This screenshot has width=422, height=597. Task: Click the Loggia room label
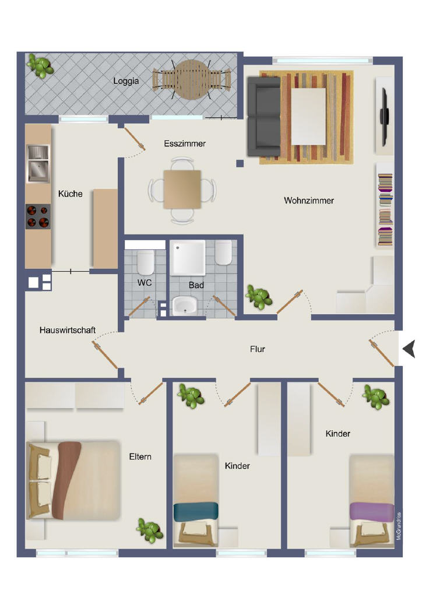coord(126,81)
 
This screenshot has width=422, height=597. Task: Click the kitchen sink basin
coord(38,170)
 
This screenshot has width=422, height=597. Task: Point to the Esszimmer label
coord(185,143)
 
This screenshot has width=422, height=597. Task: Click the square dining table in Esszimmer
coord(182,189)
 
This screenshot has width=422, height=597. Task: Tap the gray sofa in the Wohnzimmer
coord(263,117)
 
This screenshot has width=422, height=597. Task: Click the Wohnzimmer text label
coord(309,201)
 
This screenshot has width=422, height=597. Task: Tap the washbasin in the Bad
coord(185,305)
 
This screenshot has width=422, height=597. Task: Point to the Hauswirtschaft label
coord(68,330)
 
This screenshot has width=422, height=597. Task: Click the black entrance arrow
coord(410,349)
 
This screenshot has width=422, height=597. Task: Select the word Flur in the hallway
coord(257,349)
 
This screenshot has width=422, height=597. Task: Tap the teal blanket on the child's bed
coord(196,511)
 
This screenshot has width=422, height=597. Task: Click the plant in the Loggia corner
coord(40,66)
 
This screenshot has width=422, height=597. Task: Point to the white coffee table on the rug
coord(308,116)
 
